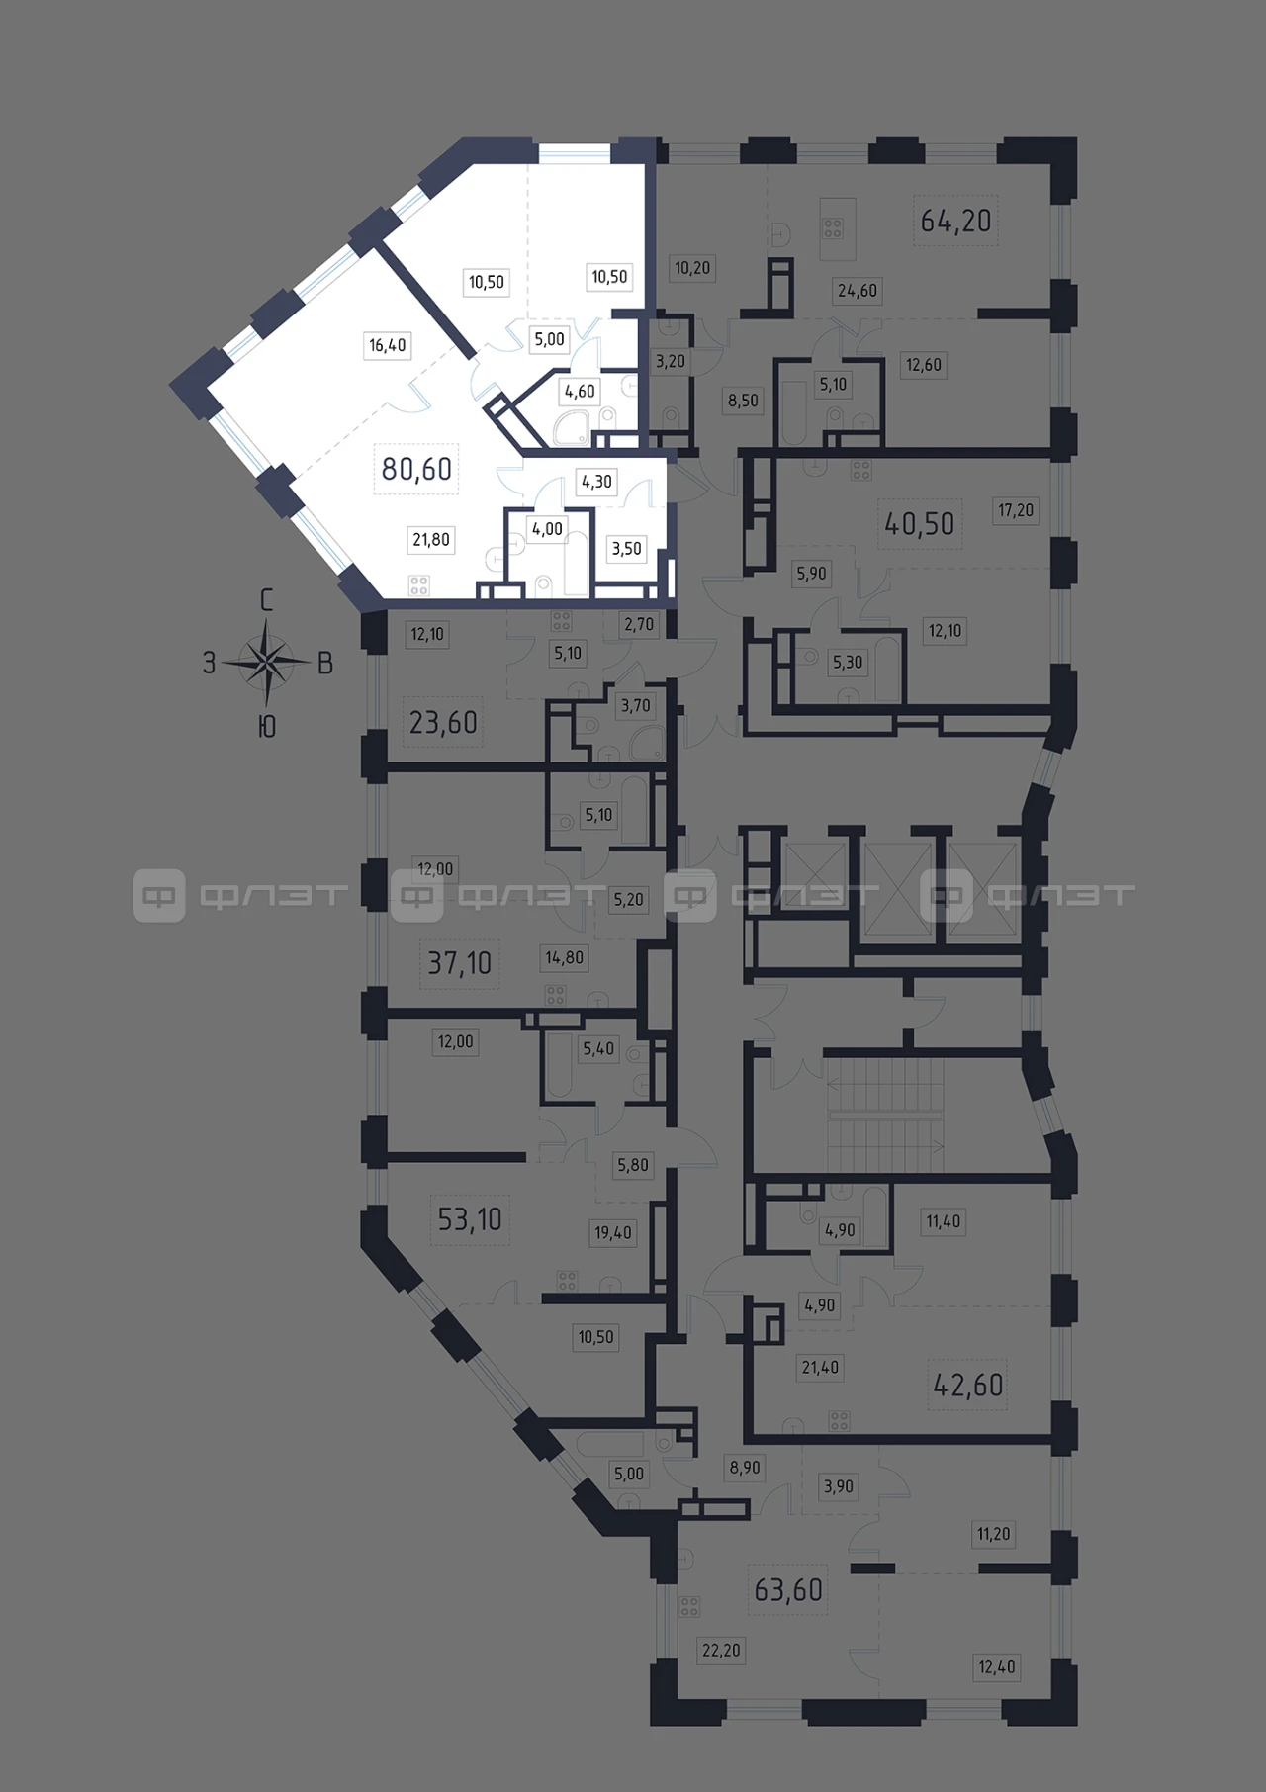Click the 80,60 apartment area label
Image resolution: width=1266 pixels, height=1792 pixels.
416,468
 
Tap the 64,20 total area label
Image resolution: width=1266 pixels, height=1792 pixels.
955,220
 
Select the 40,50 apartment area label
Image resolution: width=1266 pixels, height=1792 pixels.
920,523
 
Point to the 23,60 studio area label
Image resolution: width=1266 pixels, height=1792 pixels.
443,723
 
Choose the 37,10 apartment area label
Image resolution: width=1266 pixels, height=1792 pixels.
460,962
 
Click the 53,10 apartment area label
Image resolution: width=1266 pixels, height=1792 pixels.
470,1219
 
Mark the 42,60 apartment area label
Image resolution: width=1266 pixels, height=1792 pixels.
968,1385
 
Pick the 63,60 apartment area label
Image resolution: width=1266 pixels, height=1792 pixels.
788,1589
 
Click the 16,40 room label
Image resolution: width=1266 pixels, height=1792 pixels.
388,345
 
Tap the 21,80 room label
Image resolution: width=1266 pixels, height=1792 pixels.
431,539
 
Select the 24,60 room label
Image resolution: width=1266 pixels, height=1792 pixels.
858,291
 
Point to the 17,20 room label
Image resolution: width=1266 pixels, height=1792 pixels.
1016,510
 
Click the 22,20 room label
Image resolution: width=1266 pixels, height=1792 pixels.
721,1650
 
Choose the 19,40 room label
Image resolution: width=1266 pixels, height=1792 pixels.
613,1232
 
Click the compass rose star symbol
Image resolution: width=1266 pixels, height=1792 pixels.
266,662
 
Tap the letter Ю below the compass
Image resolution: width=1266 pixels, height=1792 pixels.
266,727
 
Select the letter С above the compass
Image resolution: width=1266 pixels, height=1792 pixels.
266,600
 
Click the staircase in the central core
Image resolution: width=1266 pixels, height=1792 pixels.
883,1114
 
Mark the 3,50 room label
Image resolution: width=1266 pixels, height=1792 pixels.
626,548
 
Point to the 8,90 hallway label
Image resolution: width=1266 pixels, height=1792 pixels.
745,1468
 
